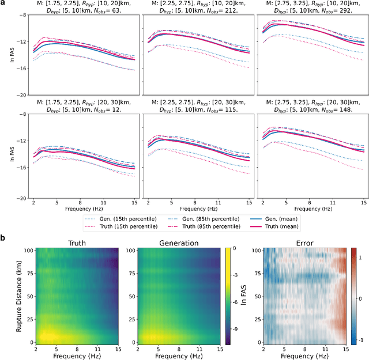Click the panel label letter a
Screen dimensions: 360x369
pyautogui.click(x=4, y=3)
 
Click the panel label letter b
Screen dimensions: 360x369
pyautogui.click(x=4, y=237)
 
